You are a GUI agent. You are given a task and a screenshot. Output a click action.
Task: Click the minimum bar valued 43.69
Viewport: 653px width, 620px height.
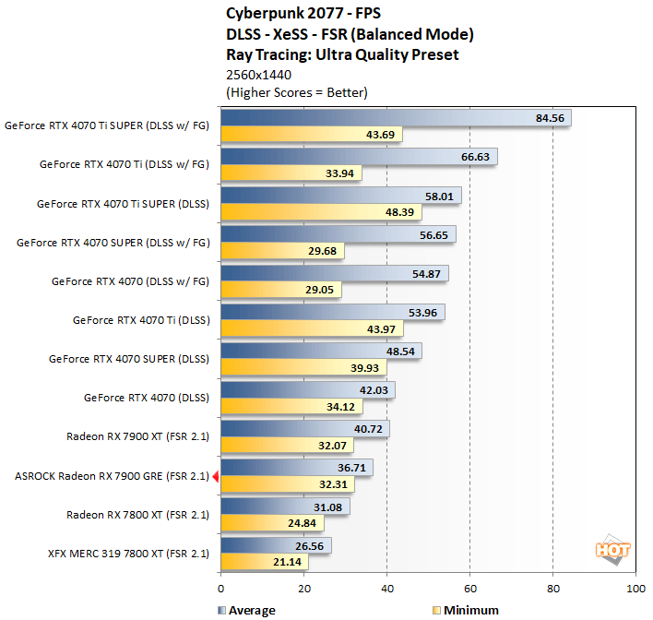point(311,135)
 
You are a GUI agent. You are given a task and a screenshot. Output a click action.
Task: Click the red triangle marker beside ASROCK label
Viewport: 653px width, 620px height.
point(216,476)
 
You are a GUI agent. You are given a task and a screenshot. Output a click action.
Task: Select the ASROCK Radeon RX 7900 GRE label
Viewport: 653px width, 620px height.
point(112,476)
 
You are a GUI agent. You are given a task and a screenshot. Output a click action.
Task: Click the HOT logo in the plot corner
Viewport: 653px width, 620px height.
point(612,550)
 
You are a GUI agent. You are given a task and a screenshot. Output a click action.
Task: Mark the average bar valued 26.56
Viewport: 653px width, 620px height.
point(276,545)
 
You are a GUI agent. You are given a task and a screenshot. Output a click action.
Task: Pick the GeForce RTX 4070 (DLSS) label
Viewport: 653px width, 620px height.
point(146,398)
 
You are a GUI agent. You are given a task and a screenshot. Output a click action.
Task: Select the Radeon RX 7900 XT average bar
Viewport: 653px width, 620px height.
point(305,429)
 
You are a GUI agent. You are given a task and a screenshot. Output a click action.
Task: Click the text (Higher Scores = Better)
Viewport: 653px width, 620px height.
point(296,92)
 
